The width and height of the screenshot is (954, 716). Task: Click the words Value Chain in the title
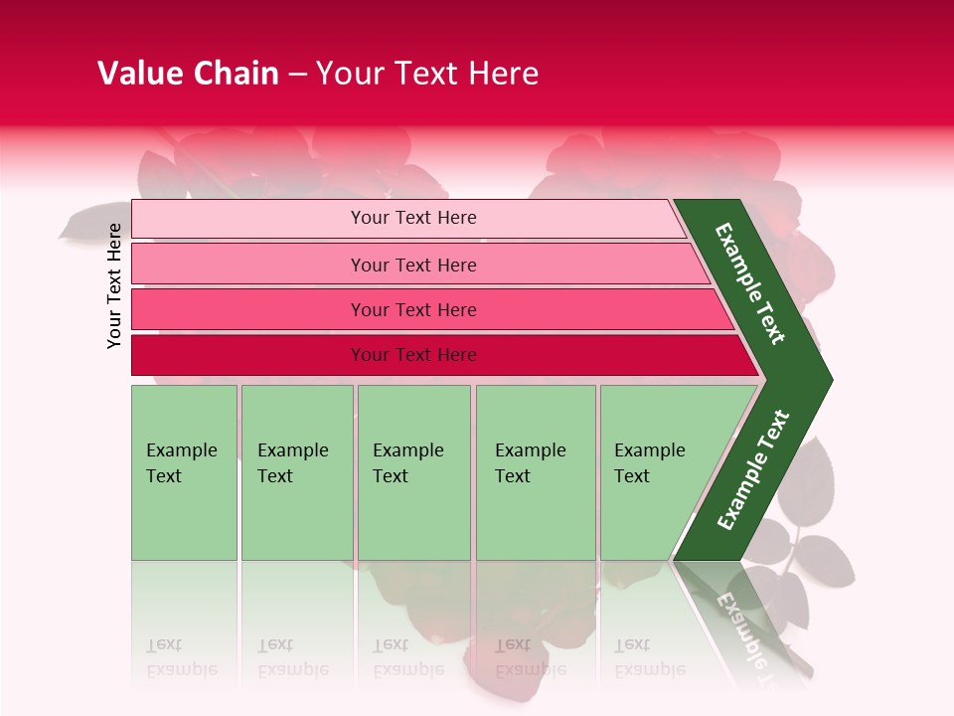click(x=188, y=74)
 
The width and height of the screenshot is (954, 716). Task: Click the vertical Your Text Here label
click(x=114, y=285)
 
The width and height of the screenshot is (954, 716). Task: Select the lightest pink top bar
click(x=248, y=219)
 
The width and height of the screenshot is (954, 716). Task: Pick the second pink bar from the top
click(x=248, y=265)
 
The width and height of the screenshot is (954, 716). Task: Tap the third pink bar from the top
click(x=248, y=309)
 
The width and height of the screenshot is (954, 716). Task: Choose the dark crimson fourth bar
click(x=248, y=355)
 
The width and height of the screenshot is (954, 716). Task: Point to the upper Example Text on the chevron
click(x=750, y=283)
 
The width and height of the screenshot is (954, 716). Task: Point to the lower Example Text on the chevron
click(x=753, y=469)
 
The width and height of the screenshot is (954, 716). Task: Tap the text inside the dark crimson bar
click(x=413, y=355)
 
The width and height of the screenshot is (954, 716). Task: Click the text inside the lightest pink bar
click(x=413, y=218)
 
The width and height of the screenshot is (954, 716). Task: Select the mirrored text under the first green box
click(x=181, y=657)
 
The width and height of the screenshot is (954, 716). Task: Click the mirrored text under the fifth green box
click(x=649, y=657)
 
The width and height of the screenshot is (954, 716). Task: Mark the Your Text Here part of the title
click(x=427, y=74)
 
